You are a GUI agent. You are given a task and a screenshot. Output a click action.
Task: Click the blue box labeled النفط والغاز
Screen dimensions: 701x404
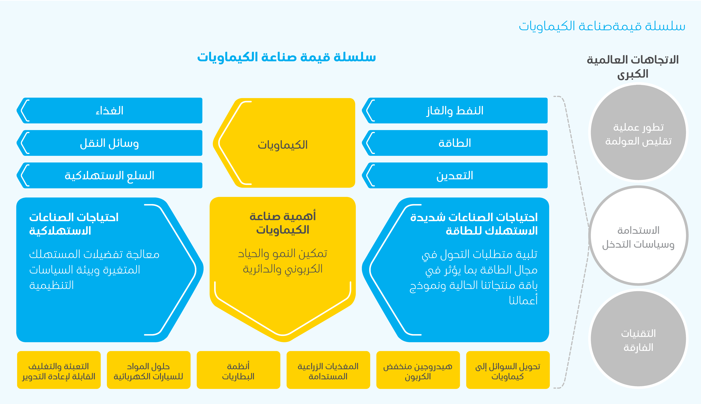click(455, 110)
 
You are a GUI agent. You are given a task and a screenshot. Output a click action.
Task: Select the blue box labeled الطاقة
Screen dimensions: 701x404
click(455, 143)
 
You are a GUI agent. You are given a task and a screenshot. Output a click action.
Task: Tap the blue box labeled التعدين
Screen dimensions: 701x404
click(455, 175)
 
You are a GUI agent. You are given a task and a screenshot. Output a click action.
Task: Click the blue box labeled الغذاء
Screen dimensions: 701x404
click(110, 110)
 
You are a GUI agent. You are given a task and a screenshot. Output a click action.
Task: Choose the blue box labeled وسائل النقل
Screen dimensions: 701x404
click(110, 143)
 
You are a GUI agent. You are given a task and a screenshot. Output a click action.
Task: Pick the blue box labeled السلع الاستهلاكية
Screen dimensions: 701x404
click(110, 175)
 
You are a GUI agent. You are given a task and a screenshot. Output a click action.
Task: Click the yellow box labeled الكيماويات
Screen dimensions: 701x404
click(284, 143)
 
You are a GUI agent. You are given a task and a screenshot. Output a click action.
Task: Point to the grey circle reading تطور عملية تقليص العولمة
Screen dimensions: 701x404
click(638, 133)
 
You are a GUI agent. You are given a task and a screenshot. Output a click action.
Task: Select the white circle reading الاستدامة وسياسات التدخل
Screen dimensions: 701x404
click(638, 236)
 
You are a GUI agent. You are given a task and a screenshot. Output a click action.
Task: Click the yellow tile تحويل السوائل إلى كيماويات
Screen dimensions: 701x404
click(508, 370)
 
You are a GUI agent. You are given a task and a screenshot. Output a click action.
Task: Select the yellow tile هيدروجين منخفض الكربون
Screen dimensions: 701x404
click(418, 370)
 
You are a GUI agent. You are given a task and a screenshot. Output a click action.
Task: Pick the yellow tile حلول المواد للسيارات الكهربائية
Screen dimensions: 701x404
click(148, 370)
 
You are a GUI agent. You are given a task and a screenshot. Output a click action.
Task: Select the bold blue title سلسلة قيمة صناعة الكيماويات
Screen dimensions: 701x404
click(286, 57)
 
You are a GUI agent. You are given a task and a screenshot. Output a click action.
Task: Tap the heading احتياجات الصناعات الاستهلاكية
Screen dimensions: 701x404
click(74, 224)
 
